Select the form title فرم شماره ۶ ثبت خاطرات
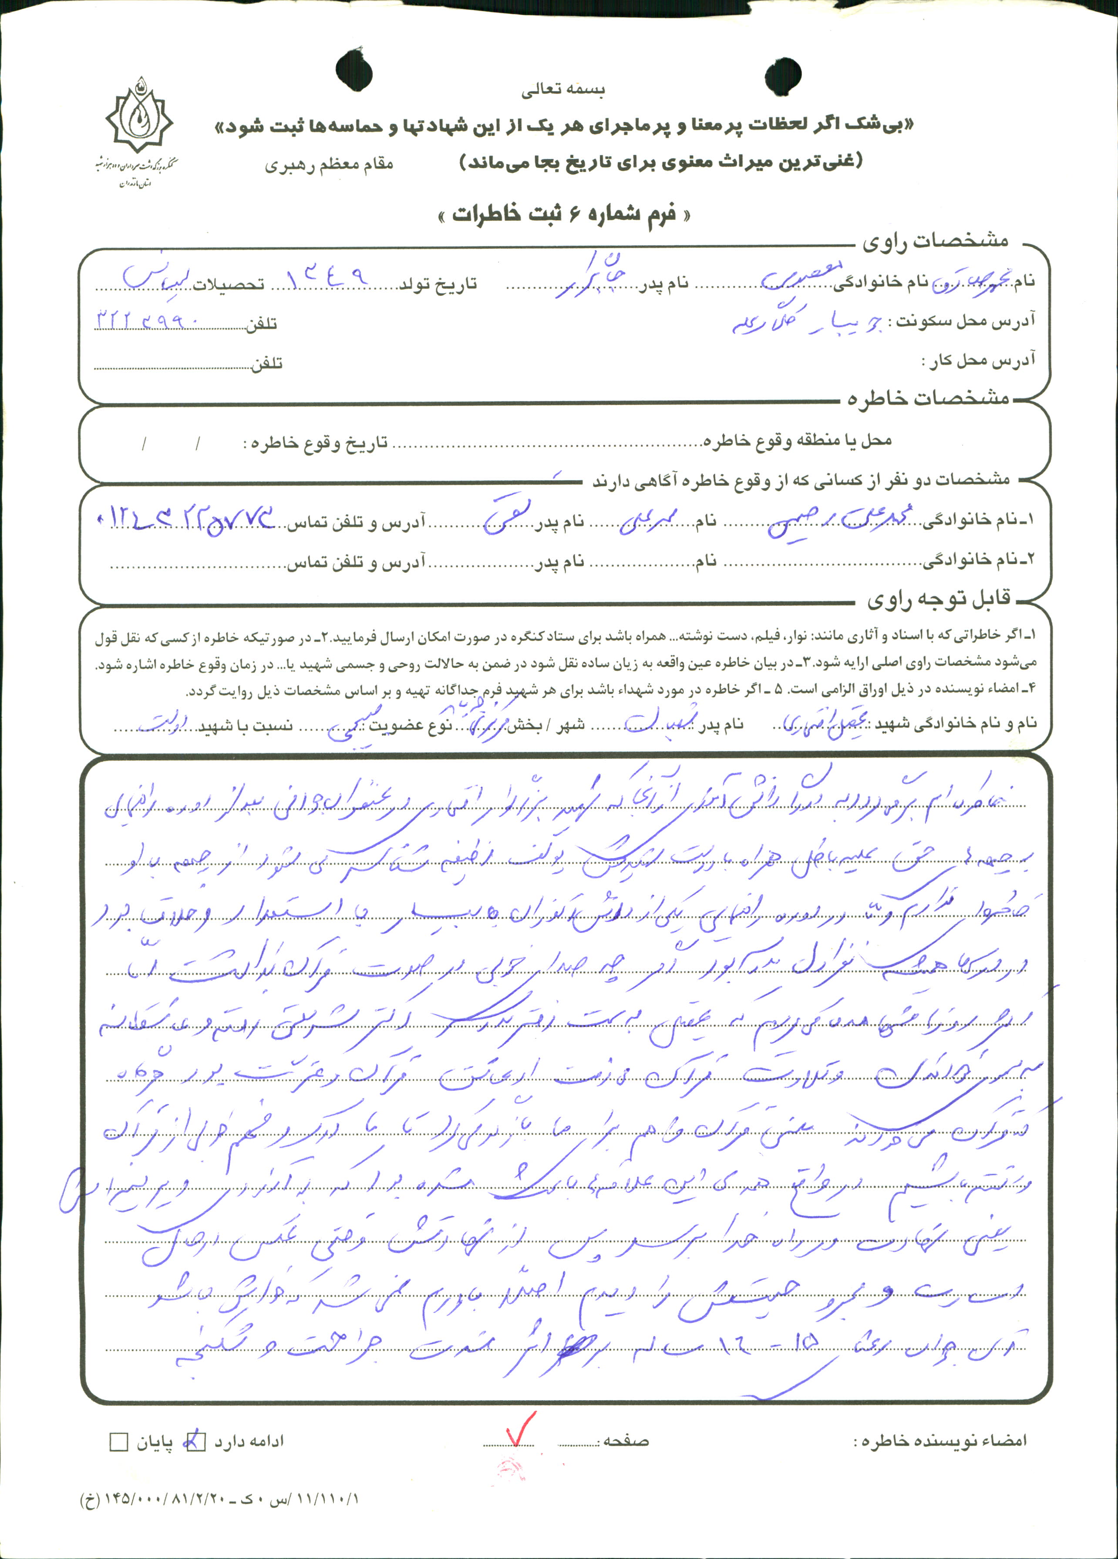(564, 215)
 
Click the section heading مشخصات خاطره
(928, 399)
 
